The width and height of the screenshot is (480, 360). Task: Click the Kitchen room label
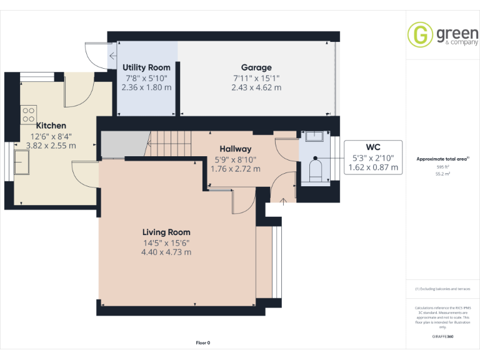tap(51, 126)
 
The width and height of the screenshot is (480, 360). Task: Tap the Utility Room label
tap(146, 67)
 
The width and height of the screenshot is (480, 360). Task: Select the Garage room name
tap(256, 67)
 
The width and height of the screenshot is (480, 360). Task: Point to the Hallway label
tap(236, 149)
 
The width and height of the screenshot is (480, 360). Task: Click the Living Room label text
tap(166, 232)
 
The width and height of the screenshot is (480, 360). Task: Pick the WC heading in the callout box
tap(372, 147)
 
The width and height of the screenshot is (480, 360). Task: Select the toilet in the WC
tap(316, 171)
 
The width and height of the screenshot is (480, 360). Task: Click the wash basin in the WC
tap(314, 136)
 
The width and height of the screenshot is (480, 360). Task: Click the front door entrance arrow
tap(282, 201)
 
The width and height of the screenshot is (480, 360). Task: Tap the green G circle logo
tap(420, 34)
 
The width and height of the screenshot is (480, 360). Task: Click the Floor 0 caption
tap(203, 342)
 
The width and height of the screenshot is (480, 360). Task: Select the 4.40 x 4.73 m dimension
tap(166, 252)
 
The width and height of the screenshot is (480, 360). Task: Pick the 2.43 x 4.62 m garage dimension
tap(256, 87)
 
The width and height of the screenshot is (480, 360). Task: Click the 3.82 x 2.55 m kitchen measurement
tap(51, 146)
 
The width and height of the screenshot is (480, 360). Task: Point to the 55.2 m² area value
tap(442, 175)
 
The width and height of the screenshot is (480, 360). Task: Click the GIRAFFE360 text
tap(442, 337)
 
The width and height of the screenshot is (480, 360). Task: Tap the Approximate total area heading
tap(442, 159)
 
